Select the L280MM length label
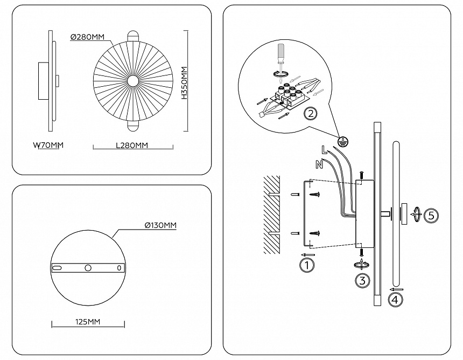pyautogui.click(x=132, y=146)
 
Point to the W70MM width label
pyautogui.click(x=48, y=145)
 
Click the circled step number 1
pyautogui.click(x=306, y=265)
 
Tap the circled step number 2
pyautogui.click(x=310, y=113)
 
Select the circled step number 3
pyautogui.click(x=362, y=280)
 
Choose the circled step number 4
pyautogui.click(x=396, y=300)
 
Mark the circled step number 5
pyautogui.click(x=431, y=215)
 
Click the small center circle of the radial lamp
pyautogui.click(x=132, y=82)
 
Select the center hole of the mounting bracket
pyautogui.click(x=88, y=268)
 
